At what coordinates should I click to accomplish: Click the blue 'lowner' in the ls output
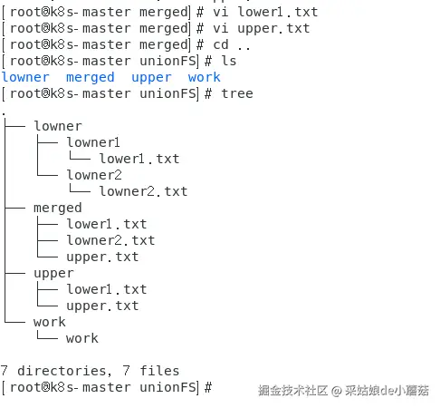25,77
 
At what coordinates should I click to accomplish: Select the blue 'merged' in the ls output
90,77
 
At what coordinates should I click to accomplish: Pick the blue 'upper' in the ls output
150,77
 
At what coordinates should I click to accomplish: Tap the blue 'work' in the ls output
204,77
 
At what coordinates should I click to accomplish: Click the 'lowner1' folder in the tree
93,142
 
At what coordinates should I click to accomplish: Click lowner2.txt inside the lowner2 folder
143,191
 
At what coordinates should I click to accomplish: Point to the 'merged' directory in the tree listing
57,208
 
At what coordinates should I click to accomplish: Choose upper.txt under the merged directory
102,257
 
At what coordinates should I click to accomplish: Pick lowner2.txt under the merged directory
110,240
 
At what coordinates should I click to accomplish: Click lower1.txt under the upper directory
106,289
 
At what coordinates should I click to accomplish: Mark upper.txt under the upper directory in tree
102,306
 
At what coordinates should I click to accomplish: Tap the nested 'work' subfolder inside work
81,338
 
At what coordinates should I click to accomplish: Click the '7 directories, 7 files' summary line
90,371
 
